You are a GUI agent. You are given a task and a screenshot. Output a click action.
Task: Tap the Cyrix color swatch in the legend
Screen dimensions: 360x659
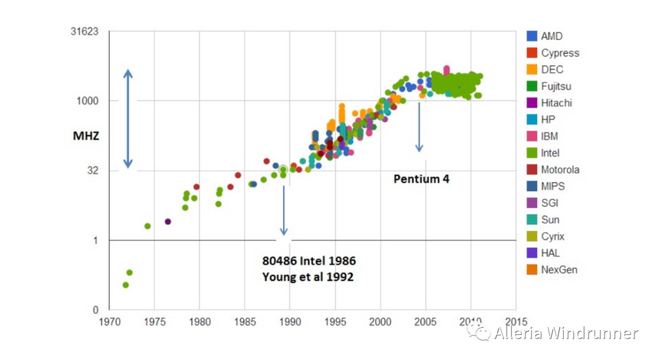532,237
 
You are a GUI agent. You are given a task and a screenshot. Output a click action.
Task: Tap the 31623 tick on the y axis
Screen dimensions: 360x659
85,32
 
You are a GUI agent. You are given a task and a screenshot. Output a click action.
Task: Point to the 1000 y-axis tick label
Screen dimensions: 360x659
88,101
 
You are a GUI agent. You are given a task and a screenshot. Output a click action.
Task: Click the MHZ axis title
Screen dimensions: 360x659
86,137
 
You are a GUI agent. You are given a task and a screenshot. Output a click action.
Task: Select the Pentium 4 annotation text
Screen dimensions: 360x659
421,179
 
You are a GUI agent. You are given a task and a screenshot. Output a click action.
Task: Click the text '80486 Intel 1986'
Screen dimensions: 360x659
309,261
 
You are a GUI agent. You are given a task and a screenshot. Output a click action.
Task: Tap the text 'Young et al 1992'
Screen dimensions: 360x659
308,276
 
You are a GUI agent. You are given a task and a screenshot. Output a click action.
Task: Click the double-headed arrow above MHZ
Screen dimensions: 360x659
128,118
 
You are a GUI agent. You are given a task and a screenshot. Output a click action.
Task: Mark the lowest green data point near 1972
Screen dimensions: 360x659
126,285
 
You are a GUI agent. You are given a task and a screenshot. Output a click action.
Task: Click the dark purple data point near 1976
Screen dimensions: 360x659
168,221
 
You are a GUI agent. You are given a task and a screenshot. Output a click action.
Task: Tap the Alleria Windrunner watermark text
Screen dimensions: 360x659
566,333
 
